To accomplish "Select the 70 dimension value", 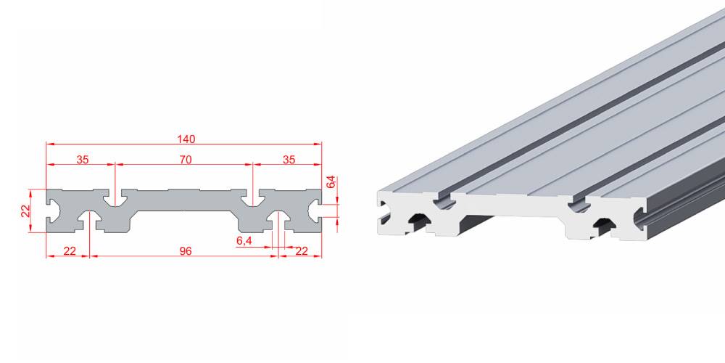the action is (186, 160).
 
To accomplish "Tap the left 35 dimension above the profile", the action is (83, 160).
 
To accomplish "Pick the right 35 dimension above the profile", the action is (289, 160).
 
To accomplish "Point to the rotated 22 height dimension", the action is (25, 211).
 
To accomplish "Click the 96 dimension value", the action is (186, 251).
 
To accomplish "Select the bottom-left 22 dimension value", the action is (70, 251).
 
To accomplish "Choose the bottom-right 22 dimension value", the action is (302, 251).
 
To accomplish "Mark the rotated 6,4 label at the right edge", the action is (330, 181).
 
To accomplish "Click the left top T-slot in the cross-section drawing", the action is (115, 198).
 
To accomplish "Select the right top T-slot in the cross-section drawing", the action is (253, 198).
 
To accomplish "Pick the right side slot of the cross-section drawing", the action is (315, 211).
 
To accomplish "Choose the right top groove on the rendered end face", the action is (579, 203).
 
